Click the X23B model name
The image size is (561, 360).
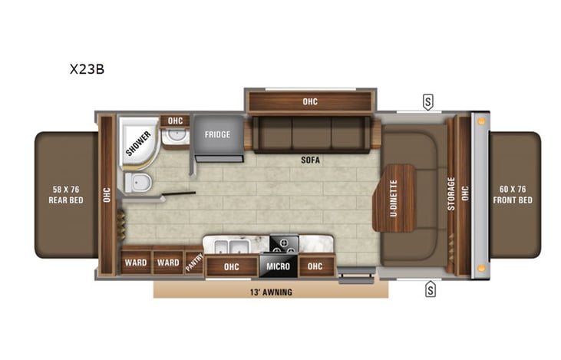tap(86, 68)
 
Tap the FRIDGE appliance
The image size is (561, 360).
tap(217, 135)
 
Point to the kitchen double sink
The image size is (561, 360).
tap(229, 247)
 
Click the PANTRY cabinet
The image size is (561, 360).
tap(194, 263)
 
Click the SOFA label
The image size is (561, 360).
tap(310, 161)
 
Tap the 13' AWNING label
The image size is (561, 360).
tap(270, 292)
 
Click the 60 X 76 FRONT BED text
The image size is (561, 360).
tap(511, 195)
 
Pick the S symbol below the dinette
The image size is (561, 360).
tap(430, 289)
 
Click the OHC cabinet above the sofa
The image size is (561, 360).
tap(309, 101)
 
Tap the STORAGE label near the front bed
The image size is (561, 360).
tap(451, 193)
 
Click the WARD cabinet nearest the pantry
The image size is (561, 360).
tap(168, 263)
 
